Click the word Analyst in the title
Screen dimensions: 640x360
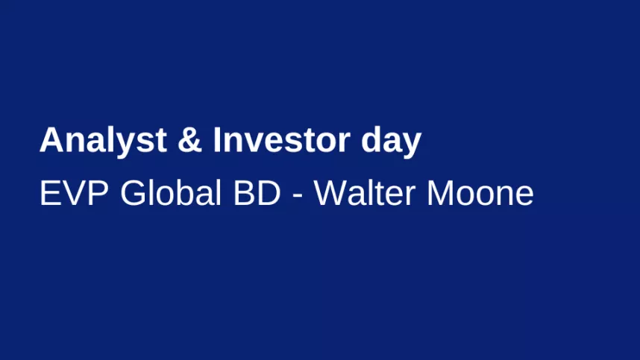tap(103, 142)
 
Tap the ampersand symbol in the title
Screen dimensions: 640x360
tap(189, 140)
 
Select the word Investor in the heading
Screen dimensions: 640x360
tap(282, 140)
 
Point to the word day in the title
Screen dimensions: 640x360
tap(391, 142)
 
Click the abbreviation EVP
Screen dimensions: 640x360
tap(73, 193)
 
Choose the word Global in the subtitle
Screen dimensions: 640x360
tap(171, 192)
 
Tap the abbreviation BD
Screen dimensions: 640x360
tap(257, 193)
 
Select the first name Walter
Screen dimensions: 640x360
tap(365, 192)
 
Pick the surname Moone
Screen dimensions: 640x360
tap(480, 193)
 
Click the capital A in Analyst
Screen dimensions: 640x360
tap(51, 140)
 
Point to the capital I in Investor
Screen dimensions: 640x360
tap(217, 140)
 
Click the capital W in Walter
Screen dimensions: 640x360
tap(330, 193)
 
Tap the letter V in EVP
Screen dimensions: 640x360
tap(74, 193)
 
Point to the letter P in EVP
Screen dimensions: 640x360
tap(98, 193)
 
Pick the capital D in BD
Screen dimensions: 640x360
tap(269, 193)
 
